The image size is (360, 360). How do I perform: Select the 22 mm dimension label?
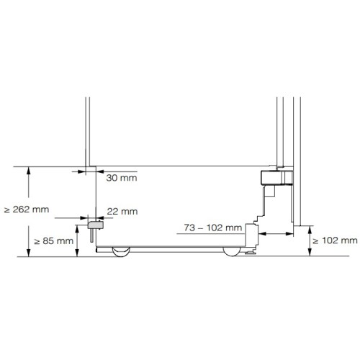[121, 211]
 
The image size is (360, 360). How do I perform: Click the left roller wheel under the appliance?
[120, 251]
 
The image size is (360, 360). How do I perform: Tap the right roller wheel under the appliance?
[233, 251]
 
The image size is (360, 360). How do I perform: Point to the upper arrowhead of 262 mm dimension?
[28, 171]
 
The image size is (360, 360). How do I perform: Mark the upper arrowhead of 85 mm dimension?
[76, 226]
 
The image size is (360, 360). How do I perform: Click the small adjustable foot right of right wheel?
[250, 252]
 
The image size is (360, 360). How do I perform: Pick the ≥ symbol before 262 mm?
[6, 210]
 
